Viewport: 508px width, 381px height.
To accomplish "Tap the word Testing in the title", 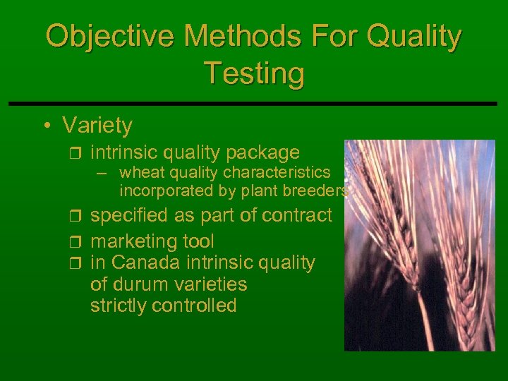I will pyautogui.click(x=254, y=73).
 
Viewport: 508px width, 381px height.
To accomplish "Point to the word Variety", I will pyautogui.click(x=97, y=126).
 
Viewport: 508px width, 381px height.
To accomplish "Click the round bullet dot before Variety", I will pyautogui.click(x=46, y=126).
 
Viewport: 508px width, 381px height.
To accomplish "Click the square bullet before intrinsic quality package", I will pyautogui.click(x=77, y=152).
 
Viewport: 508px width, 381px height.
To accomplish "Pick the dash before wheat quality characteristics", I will pyautogui.click(x=104, y=173).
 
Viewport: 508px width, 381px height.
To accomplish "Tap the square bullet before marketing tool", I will pyautogui.click(x=77, y=241).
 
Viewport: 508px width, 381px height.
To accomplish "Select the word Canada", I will pyautogui.click(x=146, y=262).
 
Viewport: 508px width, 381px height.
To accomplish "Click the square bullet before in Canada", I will pyautogui.click(x=77, y=262).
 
